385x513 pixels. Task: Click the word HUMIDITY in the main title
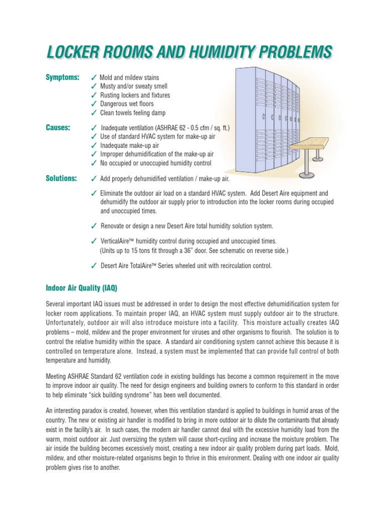pos(218,52)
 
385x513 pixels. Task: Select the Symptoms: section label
pos(63,77)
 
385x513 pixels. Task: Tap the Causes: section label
pos(58,128)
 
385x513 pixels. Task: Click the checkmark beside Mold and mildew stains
pos(94,78)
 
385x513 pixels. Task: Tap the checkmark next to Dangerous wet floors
pos(94,104)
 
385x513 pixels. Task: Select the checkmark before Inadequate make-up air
pos(94,146)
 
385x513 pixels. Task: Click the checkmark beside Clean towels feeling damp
pos(94,113)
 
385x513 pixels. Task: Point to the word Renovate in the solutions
pos(114,226)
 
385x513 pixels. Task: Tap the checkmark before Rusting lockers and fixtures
pos(94,95)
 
